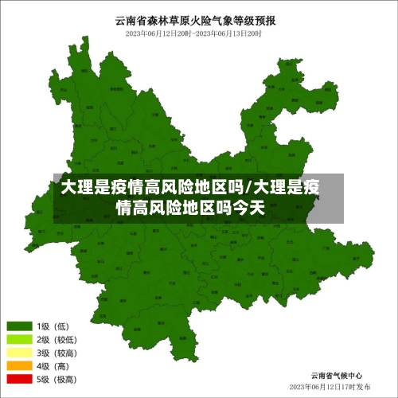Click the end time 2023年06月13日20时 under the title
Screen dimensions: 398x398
coord(228,33)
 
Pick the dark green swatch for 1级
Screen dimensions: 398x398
coord(19,326)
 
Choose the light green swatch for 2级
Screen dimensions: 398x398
coord(19,340)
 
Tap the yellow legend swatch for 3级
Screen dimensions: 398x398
coord(19,353)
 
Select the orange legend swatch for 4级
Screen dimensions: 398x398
coord(19,366)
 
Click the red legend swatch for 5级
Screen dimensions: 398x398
coord(19,380)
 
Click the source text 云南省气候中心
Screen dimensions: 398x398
coord(338,374)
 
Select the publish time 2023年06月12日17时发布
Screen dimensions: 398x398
coord(330,386)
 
